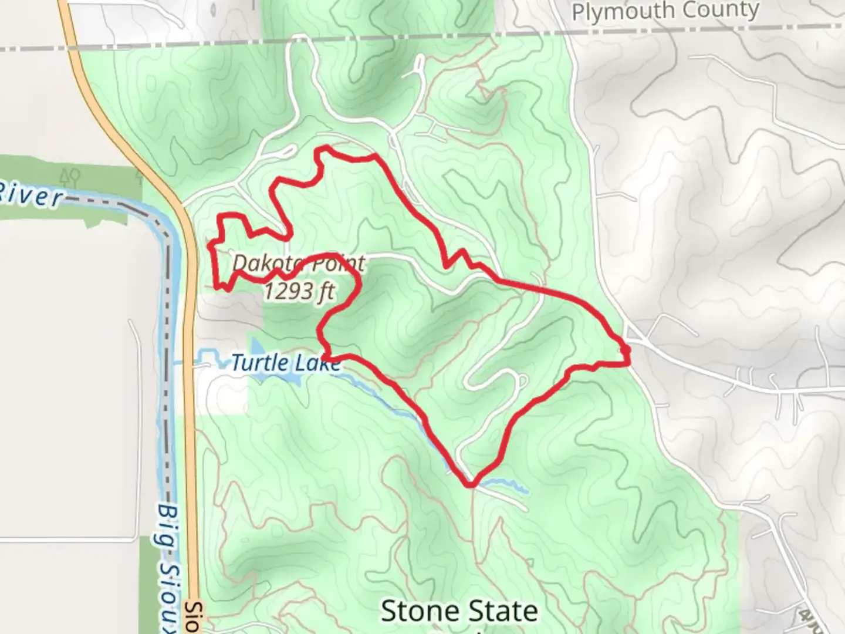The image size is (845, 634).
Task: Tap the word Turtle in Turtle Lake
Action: coord(259,363)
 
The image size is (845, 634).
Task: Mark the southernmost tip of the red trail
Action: coord(469,485)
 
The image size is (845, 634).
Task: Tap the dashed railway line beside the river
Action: coord(169,352)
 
